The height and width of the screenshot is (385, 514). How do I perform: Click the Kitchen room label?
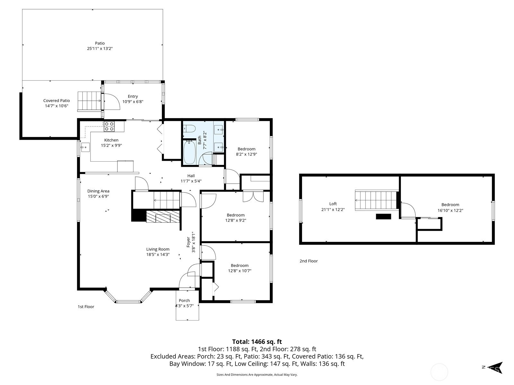coord(111,140)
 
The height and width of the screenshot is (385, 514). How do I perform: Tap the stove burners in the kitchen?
coord(109,126)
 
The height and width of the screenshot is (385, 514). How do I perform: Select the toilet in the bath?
coord(189,128)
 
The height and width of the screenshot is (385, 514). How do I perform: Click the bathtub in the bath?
coord(190,152)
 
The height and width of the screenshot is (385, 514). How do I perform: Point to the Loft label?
coord(333,204)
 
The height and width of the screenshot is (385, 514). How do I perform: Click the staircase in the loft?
coord(377,200)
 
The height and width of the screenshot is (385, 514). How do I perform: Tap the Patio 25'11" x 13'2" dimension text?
coord(100,49)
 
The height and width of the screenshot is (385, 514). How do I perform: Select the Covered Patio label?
coord(57,100)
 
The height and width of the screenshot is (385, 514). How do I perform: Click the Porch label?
coord(184,300)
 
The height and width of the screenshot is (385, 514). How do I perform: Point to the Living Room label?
coord(158,249)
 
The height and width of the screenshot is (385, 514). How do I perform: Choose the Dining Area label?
coord(98,191)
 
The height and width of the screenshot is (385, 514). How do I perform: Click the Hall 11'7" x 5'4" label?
coord(191,178)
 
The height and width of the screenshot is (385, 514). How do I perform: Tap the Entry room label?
coord(133,96)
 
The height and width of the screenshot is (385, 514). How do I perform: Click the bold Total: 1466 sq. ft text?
coord(257,342)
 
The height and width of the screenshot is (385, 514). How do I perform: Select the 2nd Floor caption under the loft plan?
coord(309,261)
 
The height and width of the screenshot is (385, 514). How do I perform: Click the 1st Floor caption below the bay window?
coord(86,307)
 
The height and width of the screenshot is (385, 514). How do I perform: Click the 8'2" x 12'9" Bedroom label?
coord(246,151)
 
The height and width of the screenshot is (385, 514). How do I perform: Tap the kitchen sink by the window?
coord(85,147)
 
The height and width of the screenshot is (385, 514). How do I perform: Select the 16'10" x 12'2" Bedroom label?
coord(450,207)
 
